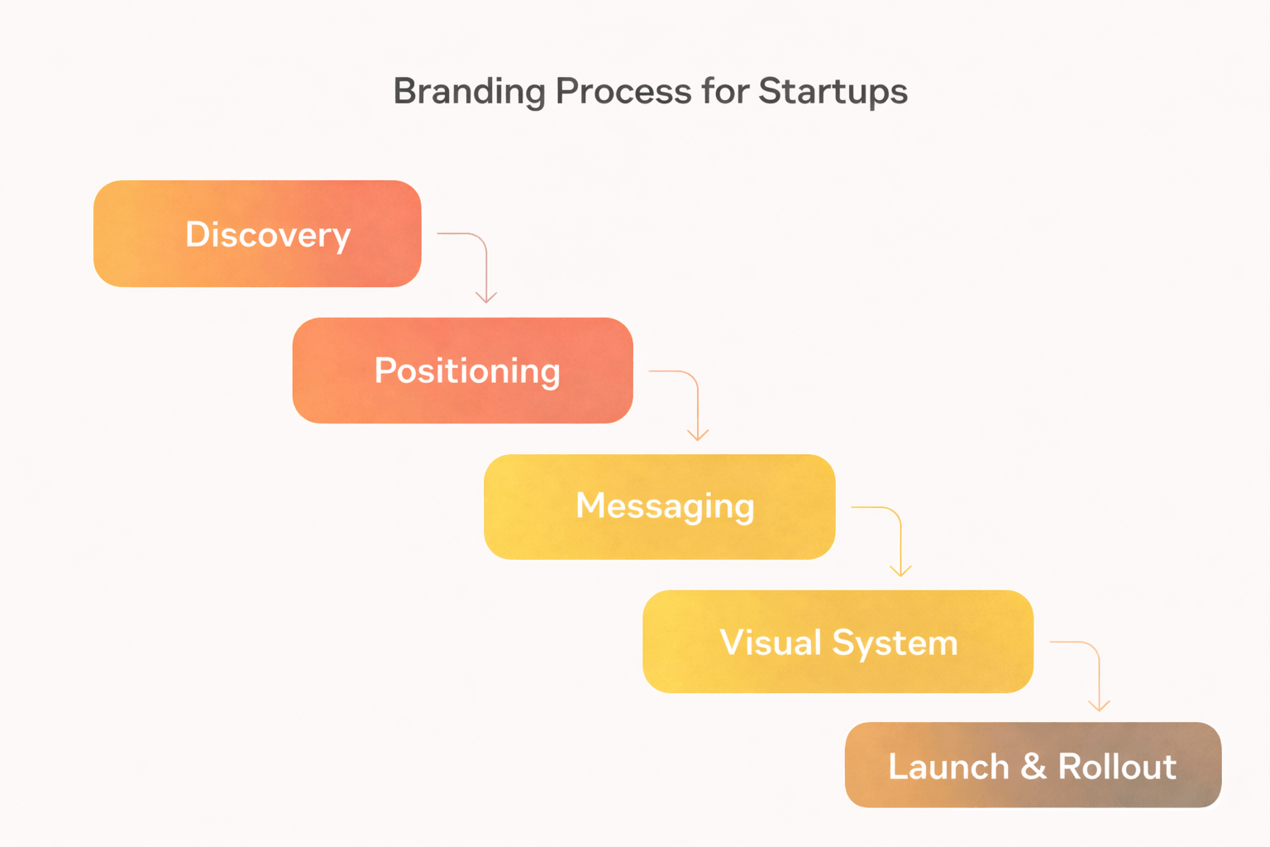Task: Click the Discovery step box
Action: [x=257, y=234]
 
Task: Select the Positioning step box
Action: [x=462, y=371]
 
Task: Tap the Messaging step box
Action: [x=659, y=506]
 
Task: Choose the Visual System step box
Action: [x=838, y=642]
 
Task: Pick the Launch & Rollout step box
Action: [x=1033, y=765]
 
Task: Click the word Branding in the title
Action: [x=469, y=91]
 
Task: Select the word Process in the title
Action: [x=623, y=91]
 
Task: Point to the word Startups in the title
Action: [x=833, y=91]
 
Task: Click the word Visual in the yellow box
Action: [x=770, y=643]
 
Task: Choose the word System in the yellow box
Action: [x=895, y=643]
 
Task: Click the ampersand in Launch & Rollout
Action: [x=1034, y=766]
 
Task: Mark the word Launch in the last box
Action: [x=948, y=766]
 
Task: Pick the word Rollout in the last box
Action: [x=1117, y=766]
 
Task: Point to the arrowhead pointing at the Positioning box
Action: [x=486, y=298]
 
